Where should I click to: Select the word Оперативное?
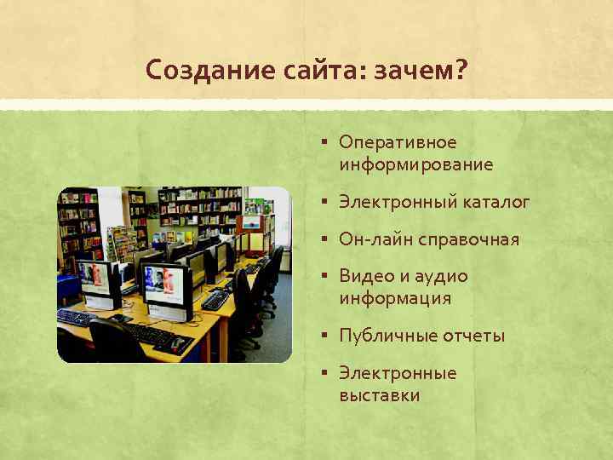pyautogui.click(x=398, y=141)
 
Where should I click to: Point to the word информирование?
pyautogui.click(x=415, y=164)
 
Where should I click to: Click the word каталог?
pyautogui.click(x=496, y=202)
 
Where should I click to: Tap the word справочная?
pyautogui.click(x=468, y=239)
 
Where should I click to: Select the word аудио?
pyautogui.click(x=443, y=276)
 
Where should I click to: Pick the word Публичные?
pyautogui.click(x=387, y=336)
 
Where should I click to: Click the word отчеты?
pyautogui.click(x=473, y=336)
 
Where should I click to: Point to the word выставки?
pyautogui.click(x=379, y=396)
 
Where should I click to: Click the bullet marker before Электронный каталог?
pyautogui.click(x=326, y=202)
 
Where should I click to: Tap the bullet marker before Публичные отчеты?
pyautogui.click(x=326, y=336)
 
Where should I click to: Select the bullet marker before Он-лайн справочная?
pyautogui.click(x=326, y=239)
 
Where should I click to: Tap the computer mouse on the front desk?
pyautogui.click(x=177, y=344)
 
